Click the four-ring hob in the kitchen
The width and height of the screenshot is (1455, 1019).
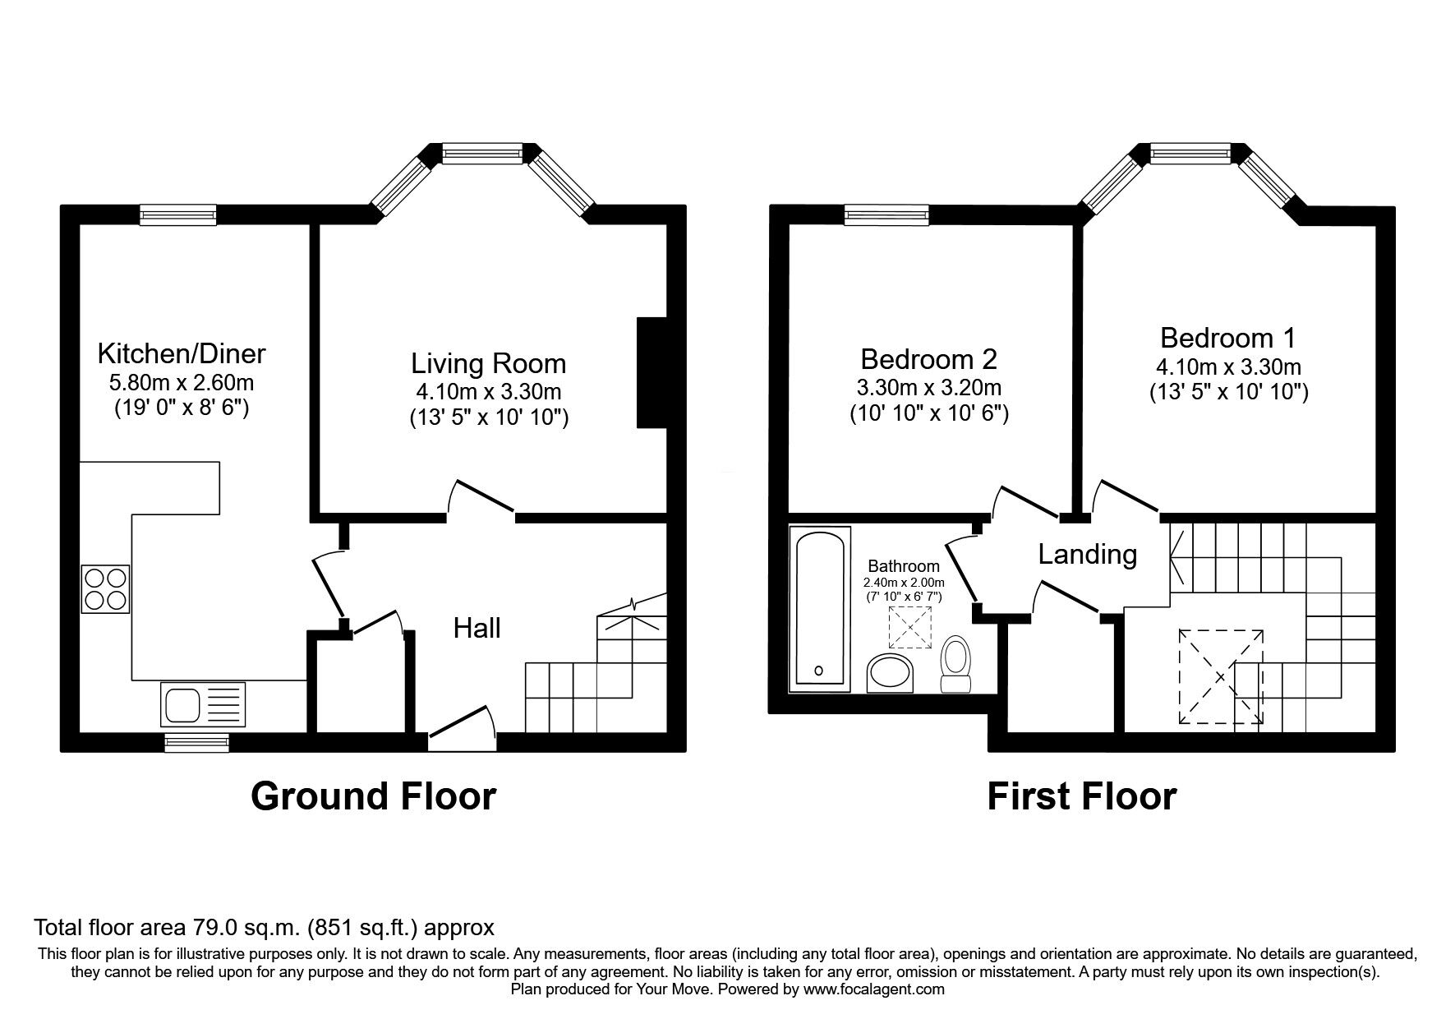(x=105, y=588)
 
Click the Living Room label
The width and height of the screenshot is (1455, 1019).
(x=488, y=363)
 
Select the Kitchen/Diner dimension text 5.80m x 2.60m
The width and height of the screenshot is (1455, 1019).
(x=181, y=382)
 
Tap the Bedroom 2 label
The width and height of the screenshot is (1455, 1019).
(x=928, y=359)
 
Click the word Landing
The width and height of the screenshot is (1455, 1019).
(x=1087, y=555)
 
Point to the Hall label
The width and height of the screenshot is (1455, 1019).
(x=477, y=629)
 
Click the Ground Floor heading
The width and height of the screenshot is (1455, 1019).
(x=373, y=796)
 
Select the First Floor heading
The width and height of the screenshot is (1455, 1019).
(x=1081, y=796)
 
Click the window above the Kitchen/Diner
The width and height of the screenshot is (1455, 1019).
(x=178, y=215)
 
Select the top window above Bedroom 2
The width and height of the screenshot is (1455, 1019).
(x=886, y=215)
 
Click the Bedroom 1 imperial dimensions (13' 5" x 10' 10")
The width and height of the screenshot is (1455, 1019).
(x=1228, y=393)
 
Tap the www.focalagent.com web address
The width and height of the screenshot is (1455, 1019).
(x=874, y=989)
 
